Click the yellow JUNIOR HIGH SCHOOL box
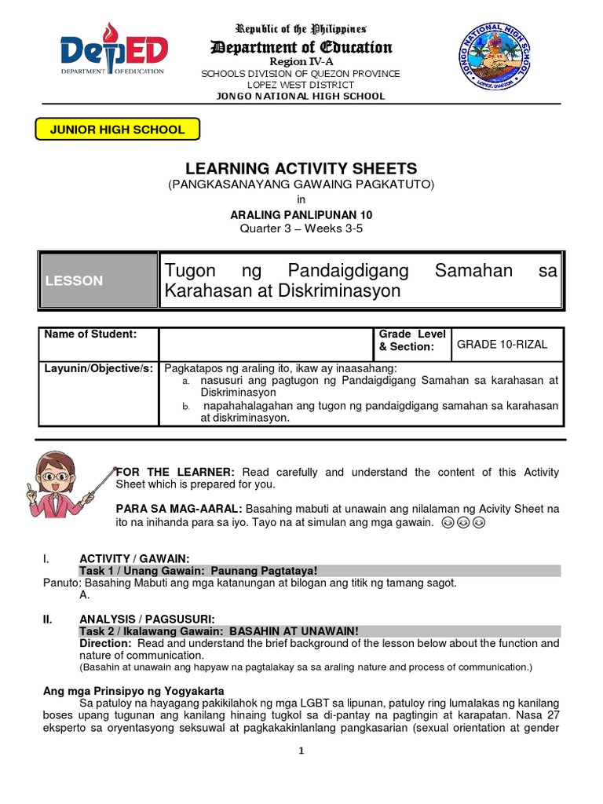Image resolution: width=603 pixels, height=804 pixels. (x=117, y=130)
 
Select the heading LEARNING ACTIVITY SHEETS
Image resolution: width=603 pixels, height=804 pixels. (x=301, y=169)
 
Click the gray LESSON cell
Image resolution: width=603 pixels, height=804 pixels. (x=99, y=280)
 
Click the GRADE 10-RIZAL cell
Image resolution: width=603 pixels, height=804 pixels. (x=506, y=344)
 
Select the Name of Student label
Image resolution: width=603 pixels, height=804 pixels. (x=90, y=334)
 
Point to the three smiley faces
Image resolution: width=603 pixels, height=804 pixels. (x=463, y=523)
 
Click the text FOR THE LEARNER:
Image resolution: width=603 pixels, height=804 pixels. (x=175, y=472)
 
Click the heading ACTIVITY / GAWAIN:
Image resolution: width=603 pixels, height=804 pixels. (x=134, y=558)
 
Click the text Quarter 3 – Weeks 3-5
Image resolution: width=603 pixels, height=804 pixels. (x=301, y=228)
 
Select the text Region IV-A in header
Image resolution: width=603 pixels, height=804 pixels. (x=301, y=61)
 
